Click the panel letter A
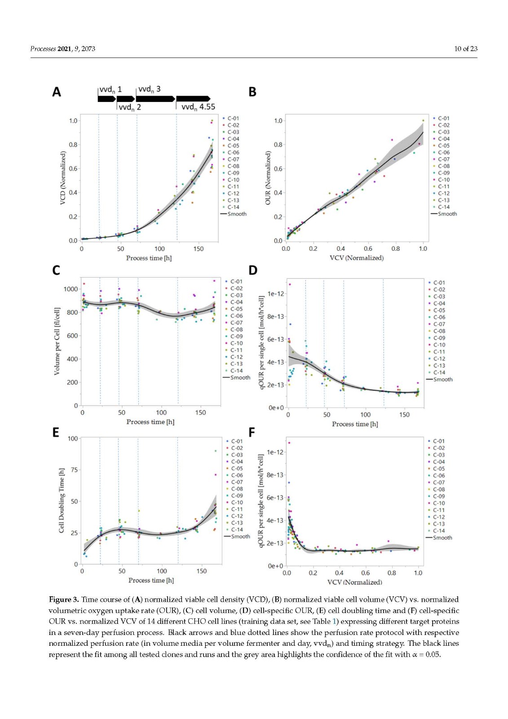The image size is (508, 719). [x=56, y=92]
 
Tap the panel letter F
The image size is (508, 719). [x=252, y=432]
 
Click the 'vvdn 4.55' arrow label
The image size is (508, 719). [x=198, y=107]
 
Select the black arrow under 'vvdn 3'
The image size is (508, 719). [x=155, y=98]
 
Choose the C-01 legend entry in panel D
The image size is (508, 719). [x=436, y=283]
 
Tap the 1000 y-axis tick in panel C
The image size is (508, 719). [x=71, y=289]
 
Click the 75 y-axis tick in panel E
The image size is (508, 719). [x=73, y=470]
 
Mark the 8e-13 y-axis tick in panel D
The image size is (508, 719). [x=275, y=316]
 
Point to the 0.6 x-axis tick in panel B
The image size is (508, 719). [x=368, y=249]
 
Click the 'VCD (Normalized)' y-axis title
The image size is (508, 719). [x=63, y=178]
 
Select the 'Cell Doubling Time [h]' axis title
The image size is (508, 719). [x=62, y=501]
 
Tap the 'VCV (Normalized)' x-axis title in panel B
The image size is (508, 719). [x=356, y=258]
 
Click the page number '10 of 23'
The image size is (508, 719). [x=465, y=49]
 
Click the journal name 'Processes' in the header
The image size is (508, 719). [x=43, y=49]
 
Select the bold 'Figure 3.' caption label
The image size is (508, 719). [x=64, y=599]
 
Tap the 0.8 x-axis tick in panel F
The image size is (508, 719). [x=392, y=573]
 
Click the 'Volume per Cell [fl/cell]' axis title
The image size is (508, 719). [x=57, y=342]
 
